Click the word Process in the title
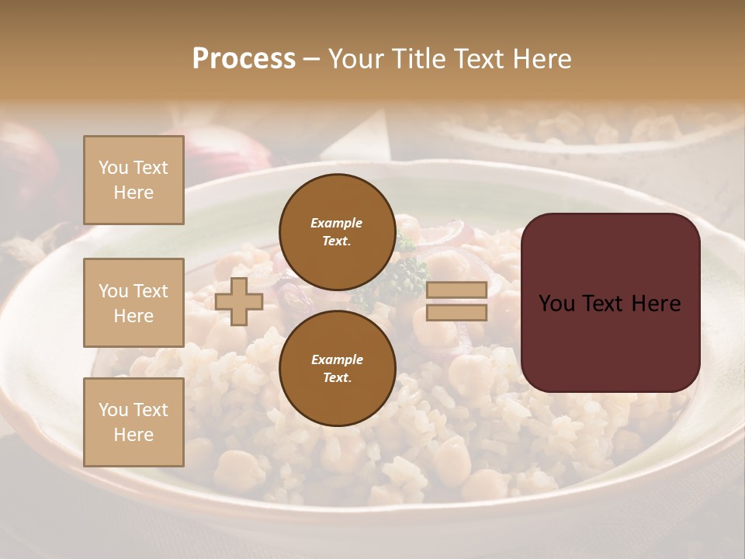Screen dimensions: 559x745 (244, 59)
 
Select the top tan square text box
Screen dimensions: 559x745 (133, 180)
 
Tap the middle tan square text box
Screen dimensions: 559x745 (133, 303)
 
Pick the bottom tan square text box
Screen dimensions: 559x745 (133, 422)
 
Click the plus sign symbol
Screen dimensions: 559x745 (239, 301)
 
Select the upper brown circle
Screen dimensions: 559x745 (337, 231)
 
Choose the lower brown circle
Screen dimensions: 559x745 (337, 368)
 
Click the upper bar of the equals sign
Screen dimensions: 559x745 (456, 290)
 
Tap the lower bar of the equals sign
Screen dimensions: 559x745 (456, 313)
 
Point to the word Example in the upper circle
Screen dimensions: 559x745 (337, 223)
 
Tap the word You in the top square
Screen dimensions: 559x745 (113, 168)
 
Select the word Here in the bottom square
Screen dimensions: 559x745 (133, 435)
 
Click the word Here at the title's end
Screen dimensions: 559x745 (540, 59)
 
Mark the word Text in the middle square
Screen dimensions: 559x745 (150, 291)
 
